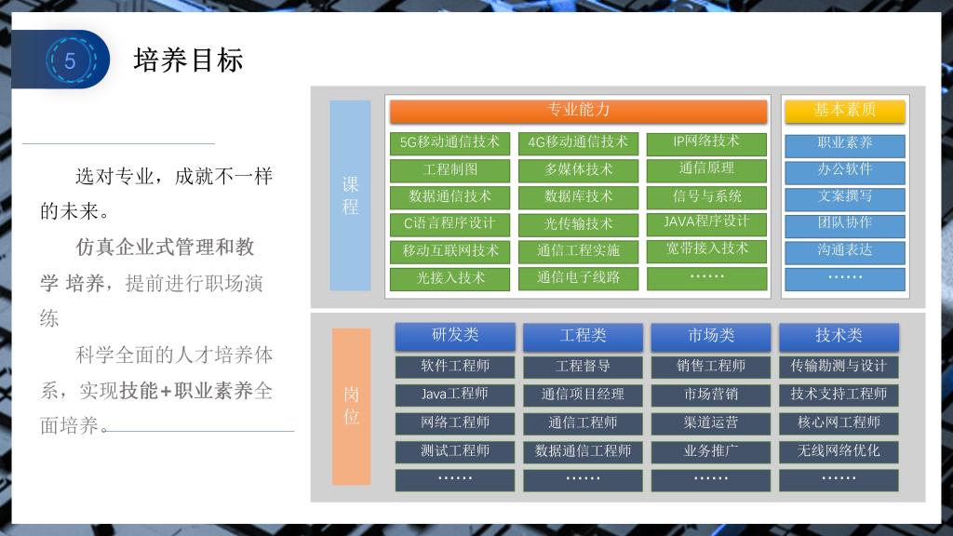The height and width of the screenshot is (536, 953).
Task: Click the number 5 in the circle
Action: coord(70,60)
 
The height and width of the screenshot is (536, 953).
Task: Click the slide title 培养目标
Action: coord(188,60)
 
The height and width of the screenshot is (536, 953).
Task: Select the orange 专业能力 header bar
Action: coord(578,111)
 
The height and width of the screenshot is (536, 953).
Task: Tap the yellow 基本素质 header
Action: coord(845,111)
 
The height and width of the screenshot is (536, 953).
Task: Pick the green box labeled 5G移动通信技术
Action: coord(450,142)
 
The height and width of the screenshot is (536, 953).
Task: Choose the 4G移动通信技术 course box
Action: coord(578,142)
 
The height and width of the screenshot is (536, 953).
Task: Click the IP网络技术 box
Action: coord(706,142)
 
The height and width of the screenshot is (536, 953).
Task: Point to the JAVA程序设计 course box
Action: coord(706,223)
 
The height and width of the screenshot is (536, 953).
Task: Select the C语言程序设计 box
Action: coord(450,224)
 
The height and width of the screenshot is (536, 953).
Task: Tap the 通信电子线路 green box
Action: coord(578,278)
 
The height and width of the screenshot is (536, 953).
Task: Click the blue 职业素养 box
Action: coord(845,144)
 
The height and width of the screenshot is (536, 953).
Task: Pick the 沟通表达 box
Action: coord(845,251)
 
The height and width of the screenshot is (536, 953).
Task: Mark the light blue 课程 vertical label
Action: coord(350,195)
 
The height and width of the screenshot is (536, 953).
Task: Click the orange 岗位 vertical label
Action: coord(351,406)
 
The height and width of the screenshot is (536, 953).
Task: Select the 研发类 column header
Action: coord(455,336)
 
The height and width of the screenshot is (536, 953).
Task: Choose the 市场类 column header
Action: coord(711,336)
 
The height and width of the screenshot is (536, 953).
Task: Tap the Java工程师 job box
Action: coord(455,395)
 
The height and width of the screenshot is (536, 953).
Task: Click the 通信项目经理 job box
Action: coord(583,395)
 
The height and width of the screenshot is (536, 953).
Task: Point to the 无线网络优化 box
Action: coord(839,451)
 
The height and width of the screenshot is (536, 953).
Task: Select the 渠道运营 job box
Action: coord(711,423)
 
